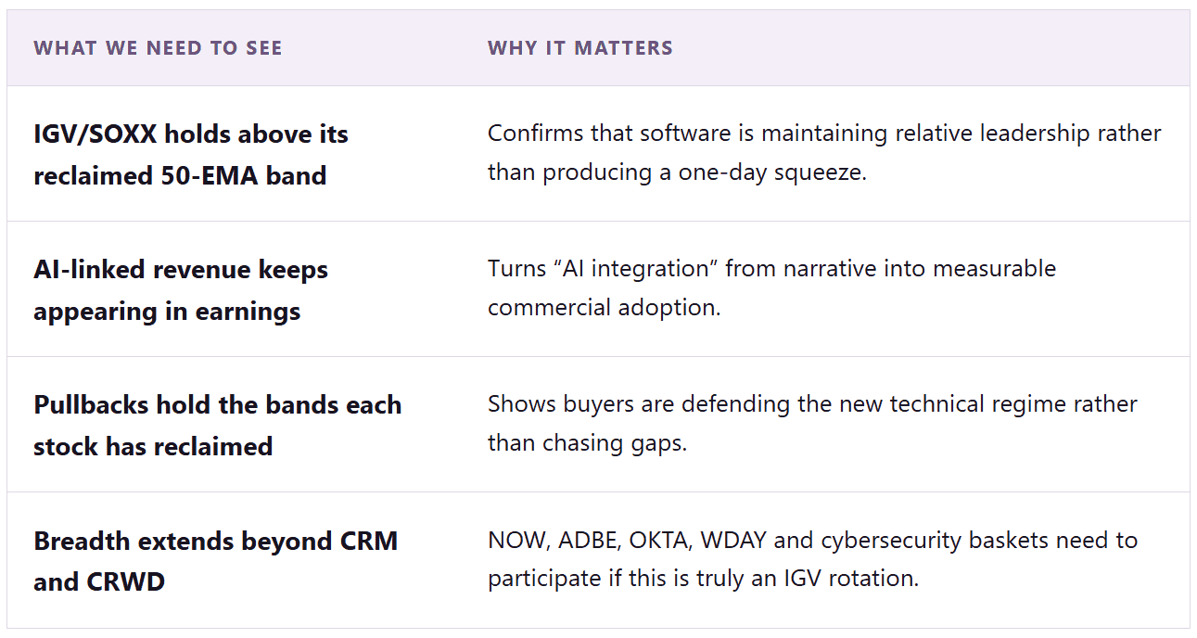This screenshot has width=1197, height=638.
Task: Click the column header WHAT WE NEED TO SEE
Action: click(x=158, y=48)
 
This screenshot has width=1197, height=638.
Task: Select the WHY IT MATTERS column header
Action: click(x=579, y=48)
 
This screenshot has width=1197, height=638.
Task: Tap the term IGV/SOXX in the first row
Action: click(x=96, y=134)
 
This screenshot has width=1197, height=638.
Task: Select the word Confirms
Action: click(x=535, y=134)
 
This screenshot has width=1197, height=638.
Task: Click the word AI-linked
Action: click(x=89, y=269)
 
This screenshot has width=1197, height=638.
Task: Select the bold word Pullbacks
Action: click(x=91, y=405)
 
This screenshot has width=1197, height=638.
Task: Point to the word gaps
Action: click(x=659, y=444)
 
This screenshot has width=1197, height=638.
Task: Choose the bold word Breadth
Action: click(x=81, y=541)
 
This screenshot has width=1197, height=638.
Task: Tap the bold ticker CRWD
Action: click(x=125, y=581)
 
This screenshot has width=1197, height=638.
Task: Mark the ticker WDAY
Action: click(x=733, y=541)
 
